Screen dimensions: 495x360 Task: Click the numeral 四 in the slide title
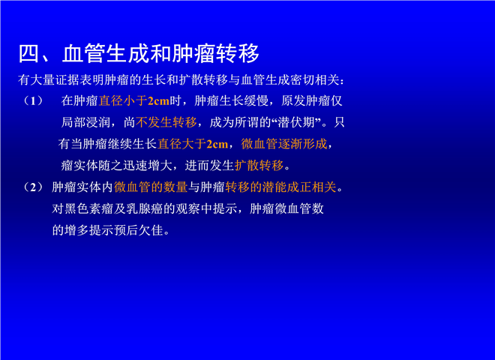(29, 54)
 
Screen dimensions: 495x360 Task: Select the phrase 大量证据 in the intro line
(54, 80)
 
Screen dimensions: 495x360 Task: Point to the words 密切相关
(315, 80)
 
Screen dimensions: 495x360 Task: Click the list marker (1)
(33, 101)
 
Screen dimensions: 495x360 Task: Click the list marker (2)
(33, 187)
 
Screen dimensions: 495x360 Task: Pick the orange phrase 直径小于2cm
(134, 101)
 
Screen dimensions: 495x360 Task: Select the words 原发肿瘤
(305, 101)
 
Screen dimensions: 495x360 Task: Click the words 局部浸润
(85, 122)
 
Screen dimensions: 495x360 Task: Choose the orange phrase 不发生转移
(166, 122)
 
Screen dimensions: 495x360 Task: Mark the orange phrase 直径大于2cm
(193, 144)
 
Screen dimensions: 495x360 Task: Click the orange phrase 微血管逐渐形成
(284, 144)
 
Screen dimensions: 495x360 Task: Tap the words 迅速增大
(147, 166)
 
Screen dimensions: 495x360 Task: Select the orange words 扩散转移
(259, 166)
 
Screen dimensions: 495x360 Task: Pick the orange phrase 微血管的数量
(151, 187)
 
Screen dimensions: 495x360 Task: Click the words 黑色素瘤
(88, 209)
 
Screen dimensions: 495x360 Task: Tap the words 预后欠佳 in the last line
(139, 230)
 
